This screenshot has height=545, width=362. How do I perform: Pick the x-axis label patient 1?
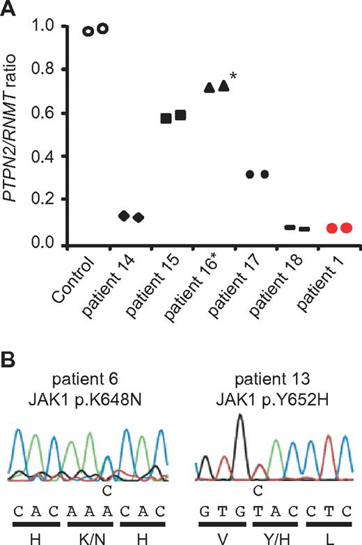point(303,285)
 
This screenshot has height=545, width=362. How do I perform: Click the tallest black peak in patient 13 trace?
point(240,417)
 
